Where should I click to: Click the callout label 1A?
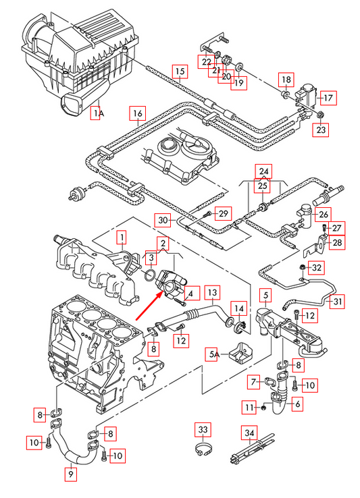point(97,113)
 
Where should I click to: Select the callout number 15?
point(180,71)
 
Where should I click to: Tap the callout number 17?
point(328,97)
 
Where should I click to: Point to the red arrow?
point(149,306)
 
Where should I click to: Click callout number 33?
point(203,430)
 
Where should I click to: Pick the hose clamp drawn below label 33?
point(203,449)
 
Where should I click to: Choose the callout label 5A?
point(214,354)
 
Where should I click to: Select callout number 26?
point(323,215)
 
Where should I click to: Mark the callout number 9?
point(71,474)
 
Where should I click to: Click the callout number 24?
point(264,172)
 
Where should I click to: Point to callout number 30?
point(163,220)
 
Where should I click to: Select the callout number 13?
point(212,292)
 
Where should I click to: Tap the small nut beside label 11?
point(263,408)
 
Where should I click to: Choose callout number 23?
point(321,130)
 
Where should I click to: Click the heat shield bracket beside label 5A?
point(240,352)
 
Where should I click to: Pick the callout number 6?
point(297,404)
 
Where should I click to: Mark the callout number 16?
point(137,113)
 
